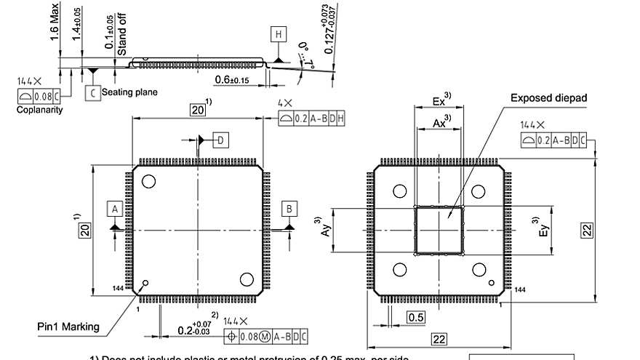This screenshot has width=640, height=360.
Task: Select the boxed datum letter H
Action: (279, 34)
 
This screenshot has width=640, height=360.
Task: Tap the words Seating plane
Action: (129, 92)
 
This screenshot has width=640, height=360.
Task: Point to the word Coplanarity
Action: (39, 110)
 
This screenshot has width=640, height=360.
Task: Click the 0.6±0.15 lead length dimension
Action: (233, 79)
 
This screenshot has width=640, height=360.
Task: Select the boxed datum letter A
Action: (114, 209)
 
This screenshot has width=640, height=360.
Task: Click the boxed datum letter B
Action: (289, 209)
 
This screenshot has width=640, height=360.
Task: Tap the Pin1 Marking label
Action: (68, 327)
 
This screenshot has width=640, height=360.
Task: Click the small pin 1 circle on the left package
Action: (145, 284)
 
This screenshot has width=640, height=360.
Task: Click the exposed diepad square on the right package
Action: (439, 231)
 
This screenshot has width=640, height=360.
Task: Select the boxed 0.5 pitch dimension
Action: (416, 317)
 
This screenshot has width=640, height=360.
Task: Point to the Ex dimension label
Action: (439, 101)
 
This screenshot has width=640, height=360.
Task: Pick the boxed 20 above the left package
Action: (198, 110)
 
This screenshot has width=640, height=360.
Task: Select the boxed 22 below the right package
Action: (439, 340)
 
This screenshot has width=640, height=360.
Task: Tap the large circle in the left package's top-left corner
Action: (149, 182)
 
